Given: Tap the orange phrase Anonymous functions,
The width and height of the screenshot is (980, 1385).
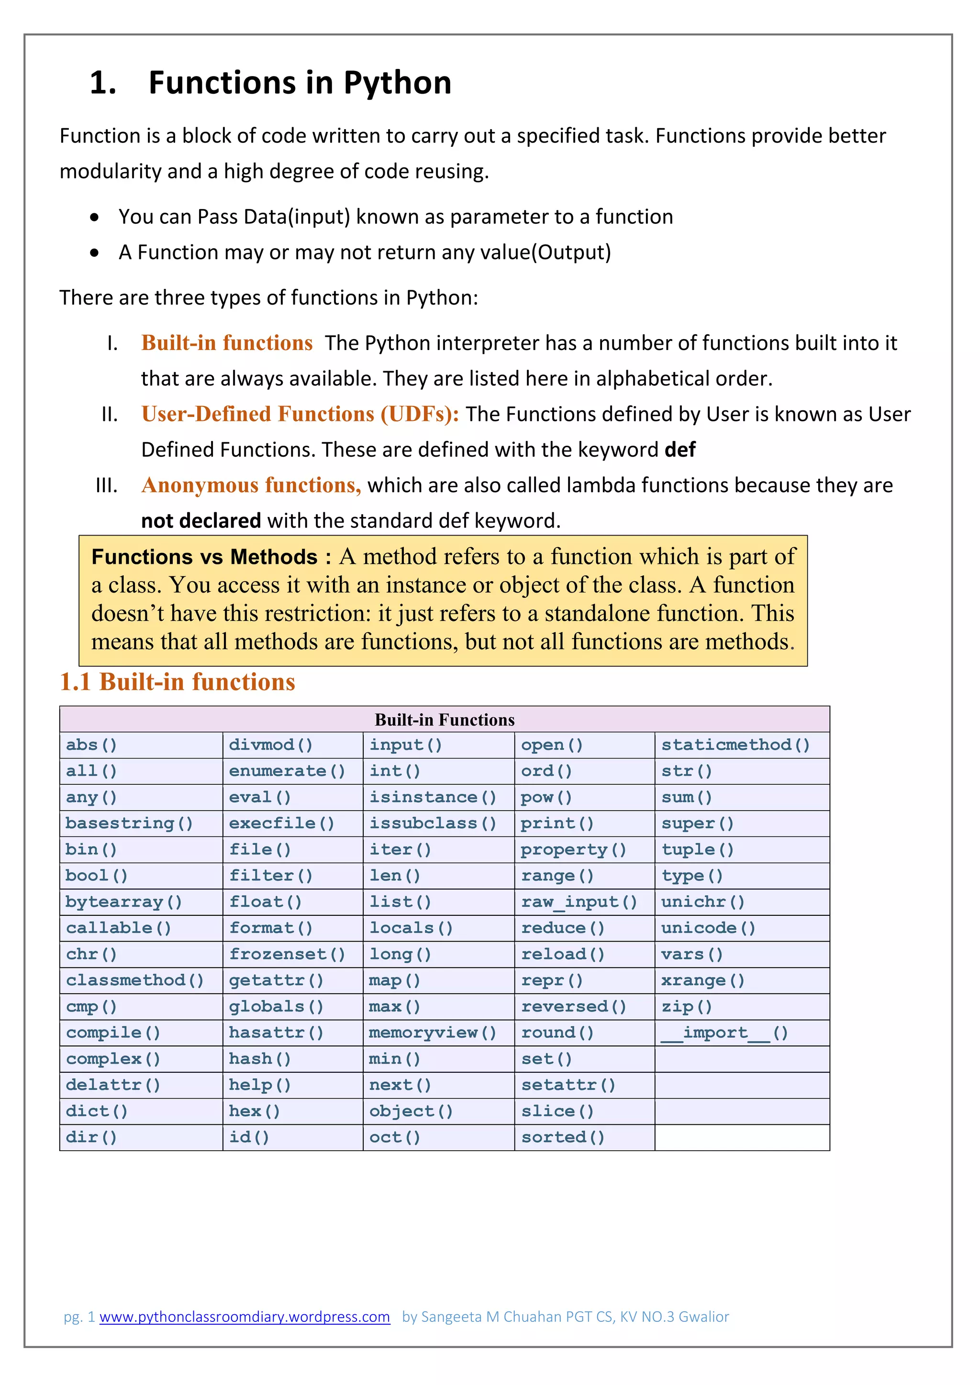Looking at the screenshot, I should click(251, 485).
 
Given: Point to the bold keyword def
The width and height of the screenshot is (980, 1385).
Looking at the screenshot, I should click(680, 450).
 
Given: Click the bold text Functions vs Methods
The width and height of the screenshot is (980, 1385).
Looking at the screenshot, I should click(205, 556).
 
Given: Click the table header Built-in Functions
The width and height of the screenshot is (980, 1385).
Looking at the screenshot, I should click(444, 720).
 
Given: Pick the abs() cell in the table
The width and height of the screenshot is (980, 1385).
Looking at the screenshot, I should click(91, 745).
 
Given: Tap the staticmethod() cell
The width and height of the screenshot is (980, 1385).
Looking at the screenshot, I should click(735, 745).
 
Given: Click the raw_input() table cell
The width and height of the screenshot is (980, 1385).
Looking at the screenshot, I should click(579, 902).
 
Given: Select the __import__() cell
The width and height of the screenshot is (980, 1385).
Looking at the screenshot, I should click(724, 1033).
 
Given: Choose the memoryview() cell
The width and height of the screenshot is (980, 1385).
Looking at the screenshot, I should click(432, 1033).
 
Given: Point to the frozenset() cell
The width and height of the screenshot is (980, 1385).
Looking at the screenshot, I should click(287, 954).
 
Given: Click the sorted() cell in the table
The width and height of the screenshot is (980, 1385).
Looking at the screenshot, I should click(562, 1137).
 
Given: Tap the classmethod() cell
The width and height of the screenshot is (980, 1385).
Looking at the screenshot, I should click(134, 980).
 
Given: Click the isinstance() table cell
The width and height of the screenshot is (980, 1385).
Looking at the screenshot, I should click(432, 797).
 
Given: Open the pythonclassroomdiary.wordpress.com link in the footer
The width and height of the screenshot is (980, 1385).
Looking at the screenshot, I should click(245, 1317).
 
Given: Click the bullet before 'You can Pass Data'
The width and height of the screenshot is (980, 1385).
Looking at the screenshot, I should click(94, 217).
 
